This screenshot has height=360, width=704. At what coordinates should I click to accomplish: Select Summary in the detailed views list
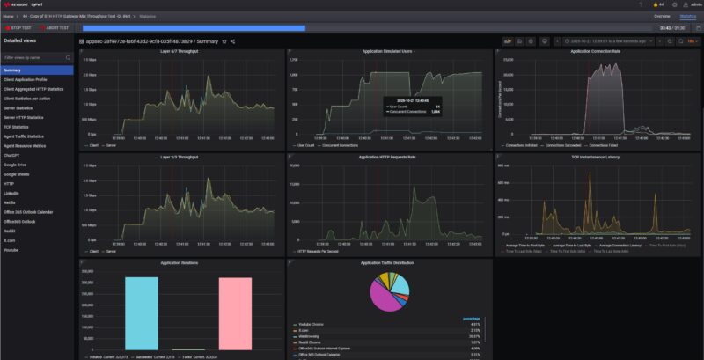click(x=12, y=70)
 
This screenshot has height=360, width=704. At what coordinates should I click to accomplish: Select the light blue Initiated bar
click(x=141, y=312)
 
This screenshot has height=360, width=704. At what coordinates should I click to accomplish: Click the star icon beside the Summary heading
click(x=224, y=41)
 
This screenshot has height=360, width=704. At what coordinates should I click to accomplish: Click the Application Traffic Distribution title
click(x=388, y=262)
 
